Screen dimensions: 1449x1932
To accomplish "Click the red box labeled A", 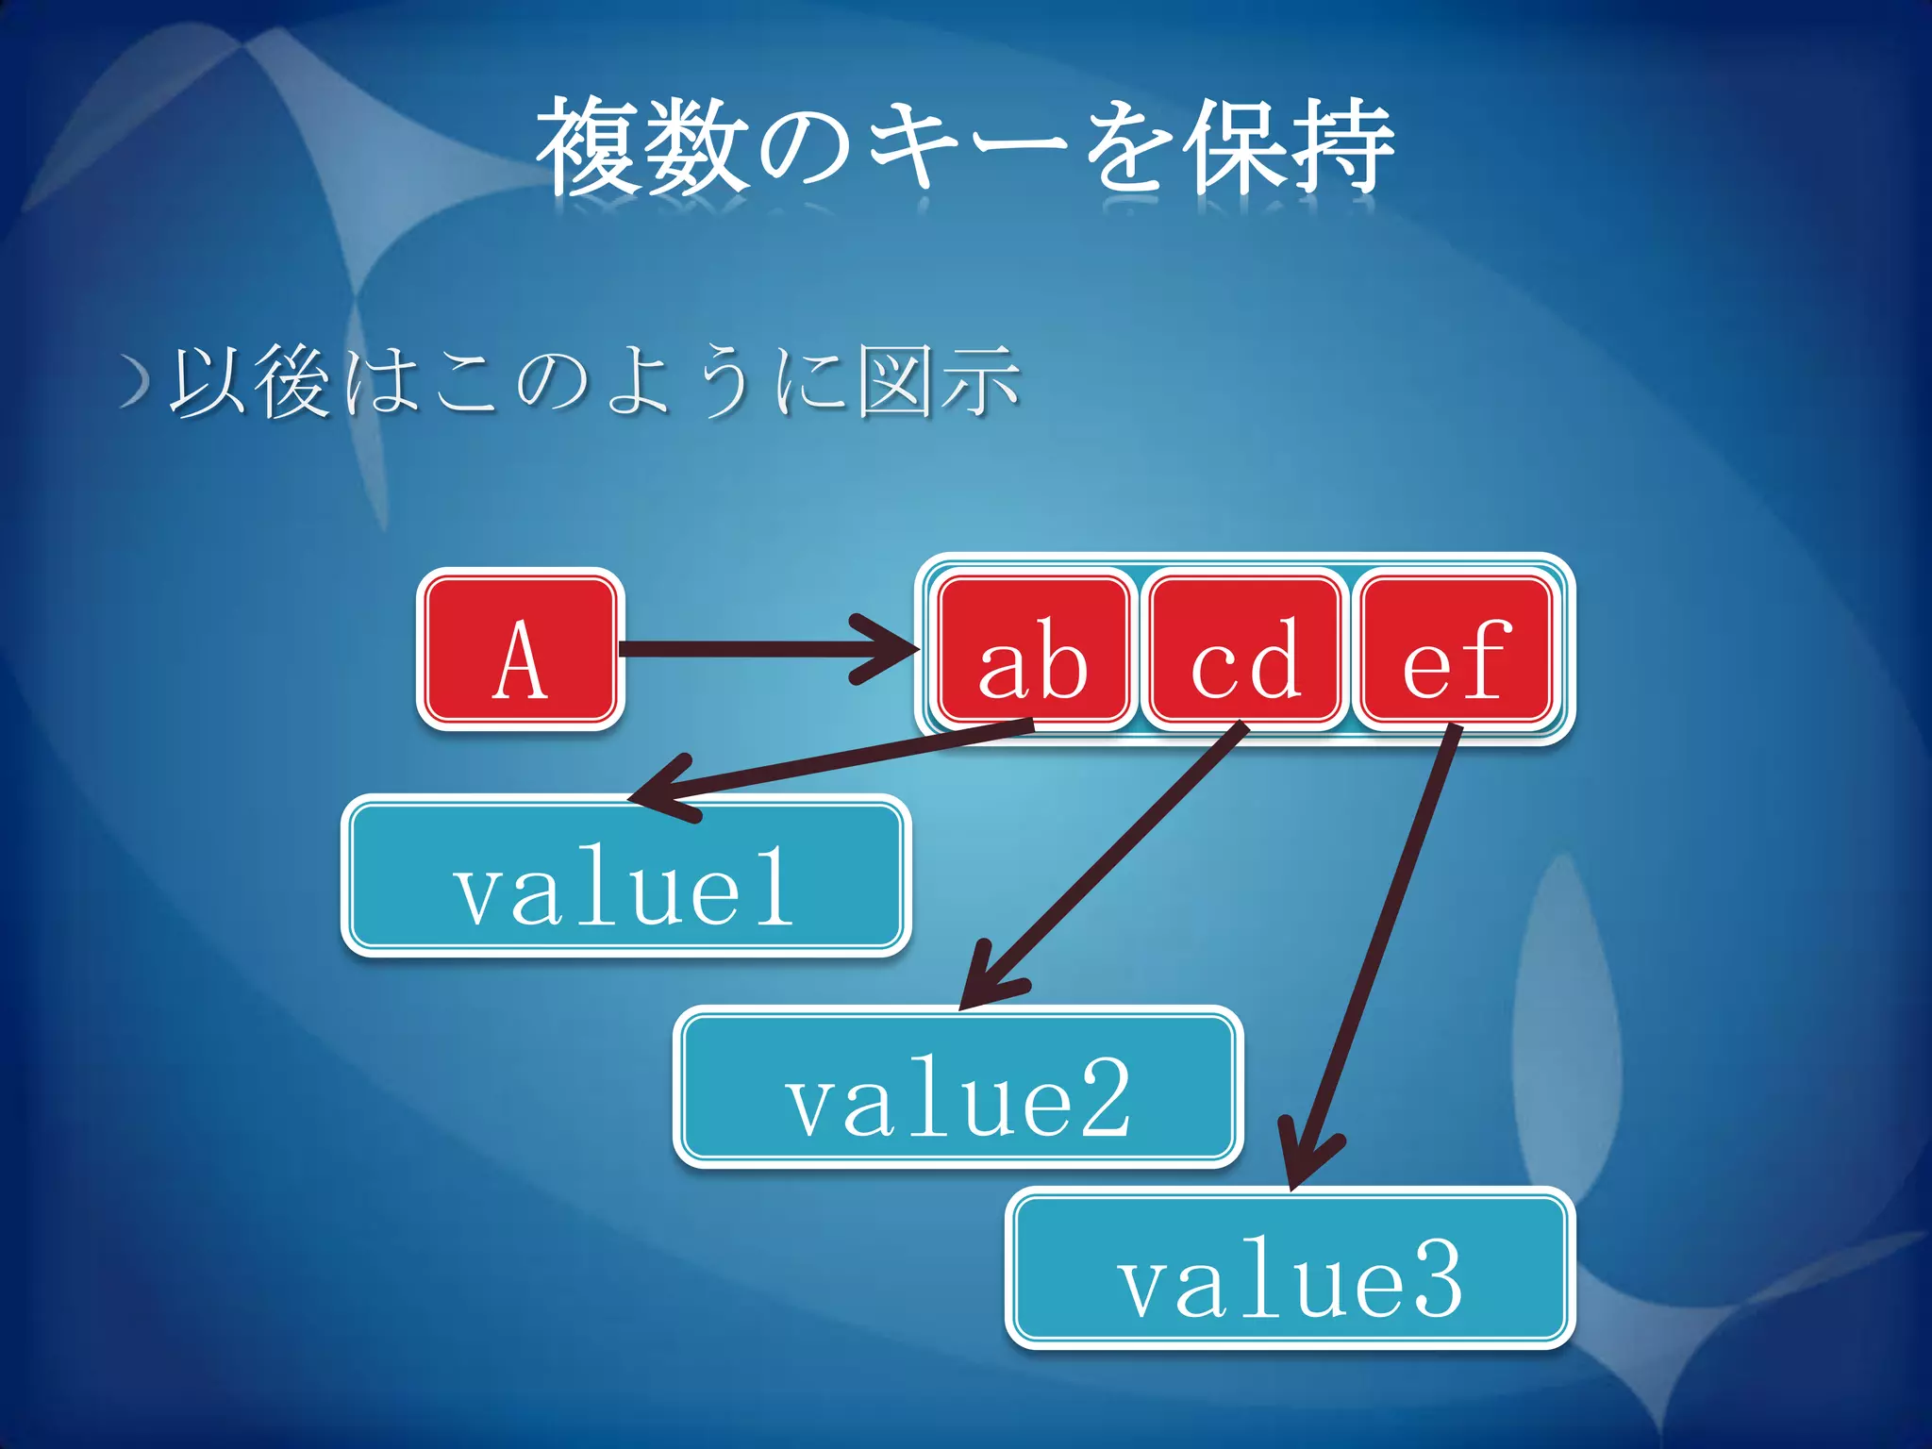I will coord(520,649).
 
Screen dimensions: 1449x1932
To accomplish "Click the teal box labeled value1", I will coord(625,876).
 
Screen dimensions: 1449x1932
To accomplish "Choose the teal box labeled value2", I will coord(958,1088).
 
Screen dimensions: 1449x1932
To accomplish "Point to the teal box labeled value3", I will coord(1290,1269).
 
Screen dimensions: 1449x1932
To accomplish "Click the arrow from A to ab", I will coord(755,649).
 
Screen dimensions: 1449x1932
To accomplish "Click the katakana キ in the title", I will coord(911,149).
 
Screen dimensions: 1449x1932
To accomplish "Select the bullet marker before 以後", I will coord(136,381).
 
